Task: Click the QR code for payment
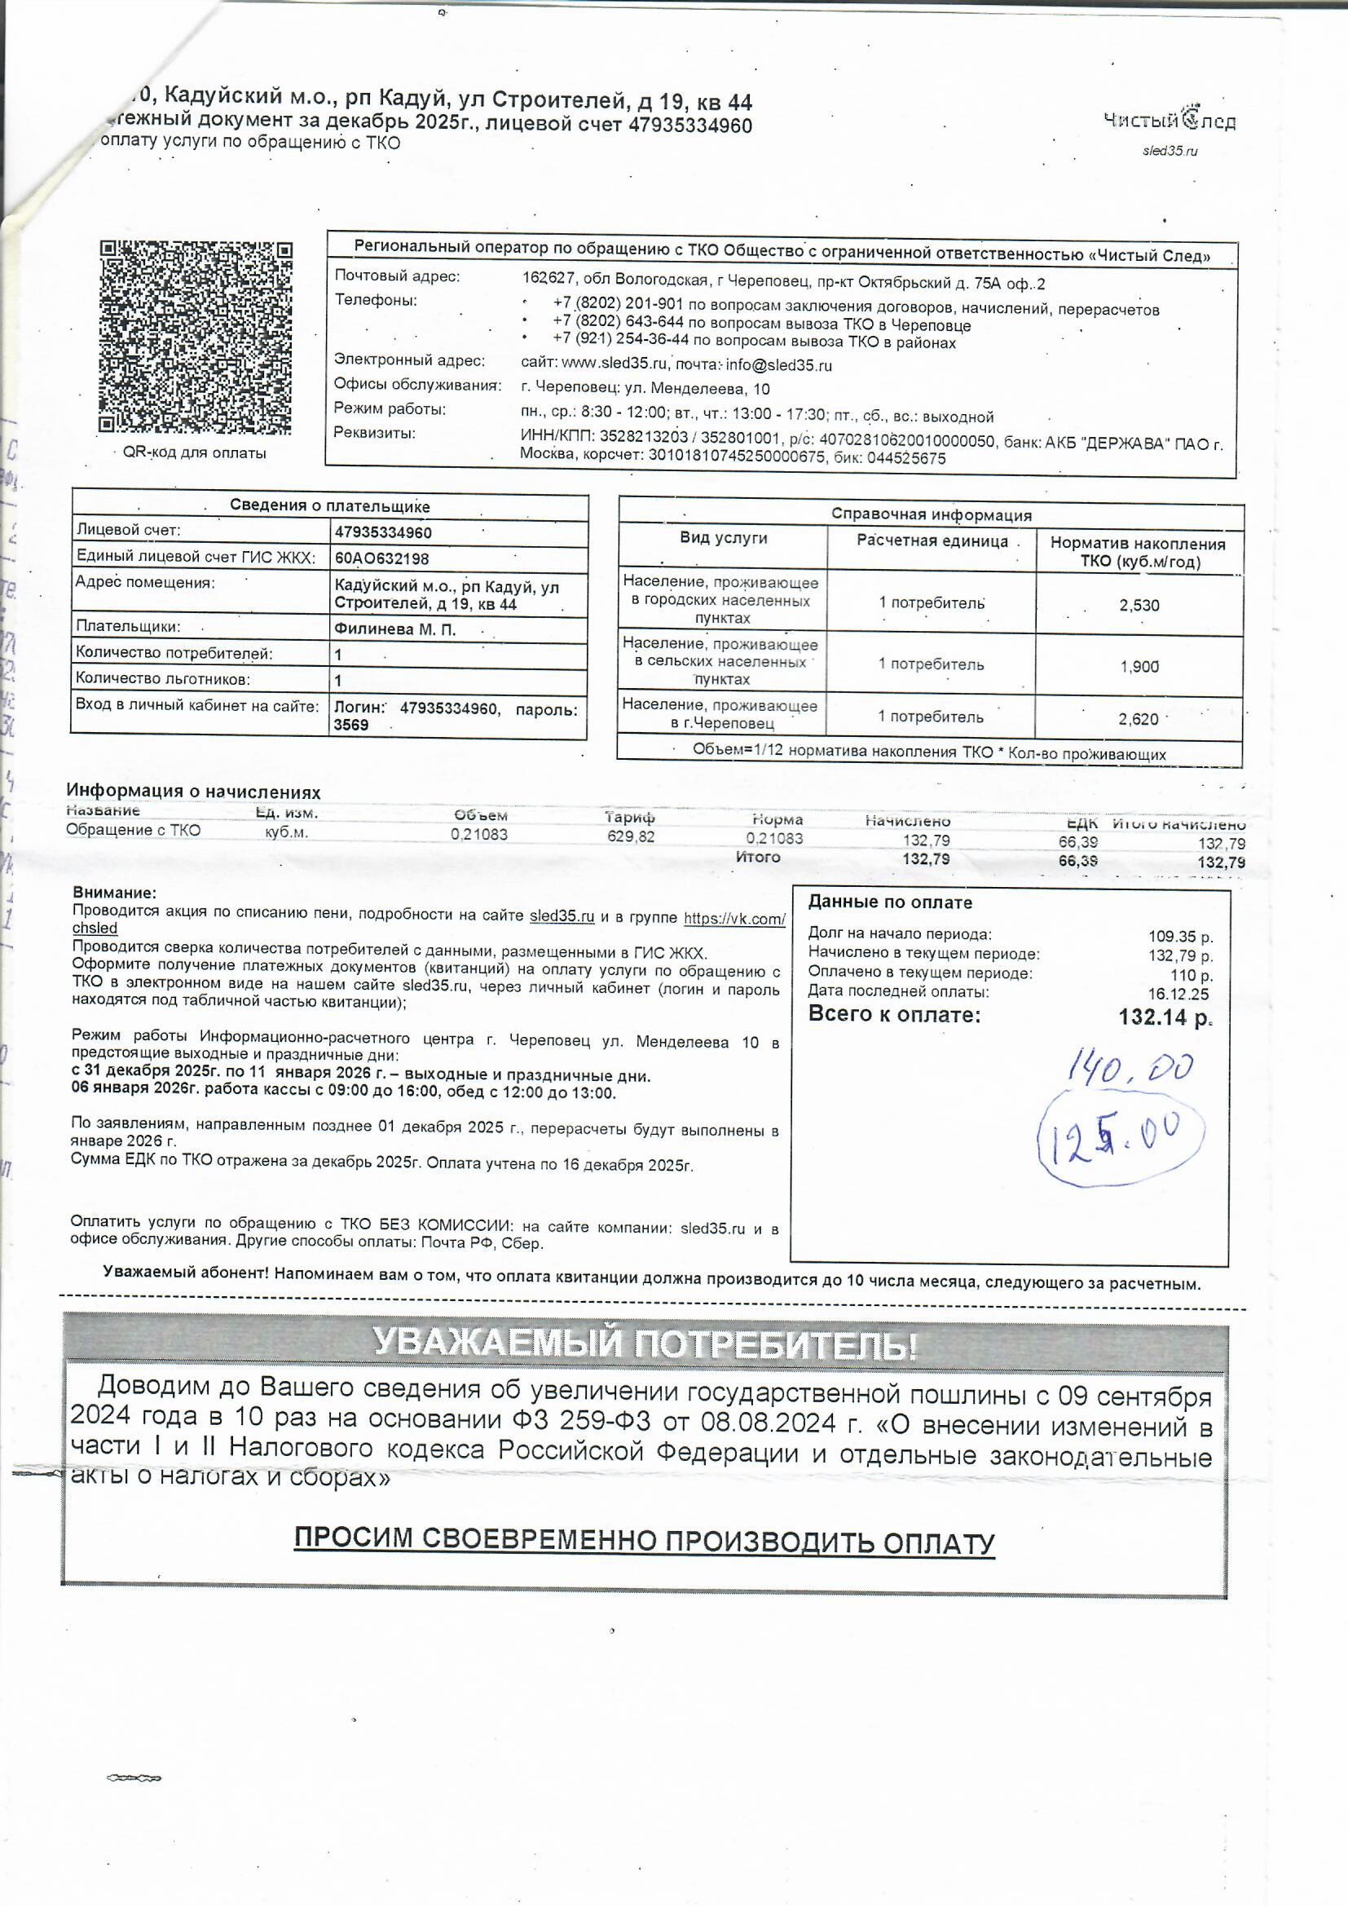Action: click(195, 337)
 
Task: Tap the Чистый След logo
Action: click(1169, 121)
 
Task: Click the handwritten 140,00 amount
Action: click(1130, 1068)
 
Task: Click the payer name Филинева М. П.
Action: click(394, 629)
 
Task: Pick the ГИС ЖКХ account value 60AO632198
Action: click(381, 558)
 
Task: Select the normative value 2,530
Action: click(1139, 605)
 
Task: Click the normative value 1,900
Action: click(1139, 667)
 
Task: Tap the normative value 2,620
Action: click(1138, 719)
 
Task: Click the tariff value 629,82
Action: click(631, 836)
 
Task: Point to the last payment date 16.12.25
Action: click(1178, 995)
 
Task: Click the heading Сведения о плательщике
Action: click(329, 506)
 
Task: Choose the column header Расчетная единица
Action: click(932, 541)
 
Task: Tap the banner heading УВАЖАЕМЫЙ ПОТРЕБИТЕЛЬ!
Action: click(645, 1344)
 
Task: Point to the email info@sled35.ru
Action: click(778, 365)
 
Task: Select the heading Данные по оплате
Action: click(890, 902)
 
